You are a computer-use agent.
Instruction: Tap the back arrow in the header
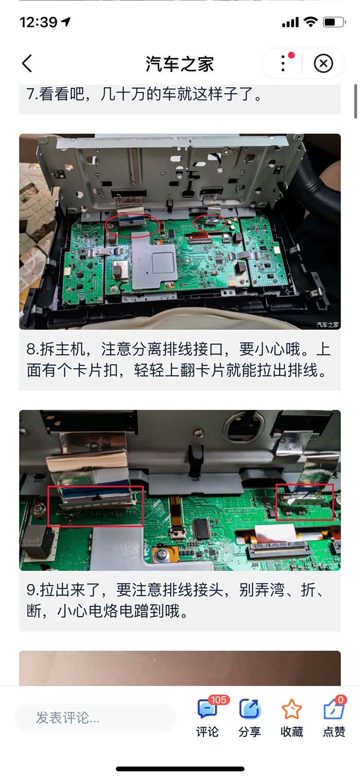[27, 63]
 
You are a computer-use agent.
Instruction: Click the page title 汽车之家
[179, 64]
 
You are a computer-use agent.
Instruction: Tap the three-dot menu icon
[283, 63]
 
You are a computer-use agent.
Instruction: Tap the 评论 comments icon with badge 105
[207, 709]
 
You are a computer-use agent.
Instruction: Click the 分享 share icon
[250, 709]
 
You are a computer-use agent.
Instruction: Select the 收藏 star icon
[292, 709]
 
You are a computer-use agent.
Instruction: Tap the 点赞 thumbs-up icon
[334, 709]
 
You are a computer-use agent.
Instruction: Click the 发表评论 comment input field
[96, 717]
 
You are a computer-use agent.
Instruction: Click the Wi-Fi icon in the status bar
[310, 22]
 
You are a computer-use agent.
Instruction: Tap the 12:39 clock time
[38, 22]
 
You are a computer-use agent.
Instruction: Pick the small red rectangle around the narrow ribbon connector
[276, 502]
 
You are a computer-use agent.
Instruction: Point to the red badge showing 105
[219, 699]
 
